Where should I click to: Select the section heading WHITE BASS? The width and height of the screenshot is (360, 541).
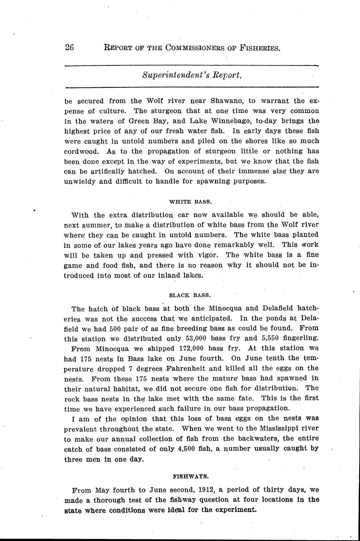pyautogui.click(x=190, y=202)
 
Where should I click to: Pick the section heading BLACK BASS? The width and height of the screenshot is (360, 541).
pyautogui.click(x=190, y=295)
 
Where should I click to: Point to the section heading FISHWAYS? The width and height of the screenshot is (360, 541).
pyautogui.click(x=190, y=476)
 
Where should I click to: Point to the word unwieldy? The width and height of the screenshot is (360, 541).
pyautogui.click(x=79, y=182)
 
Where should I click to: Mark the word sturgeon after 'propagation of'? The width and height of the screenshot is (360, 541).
pyautogui.click(x=213, y=151)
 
